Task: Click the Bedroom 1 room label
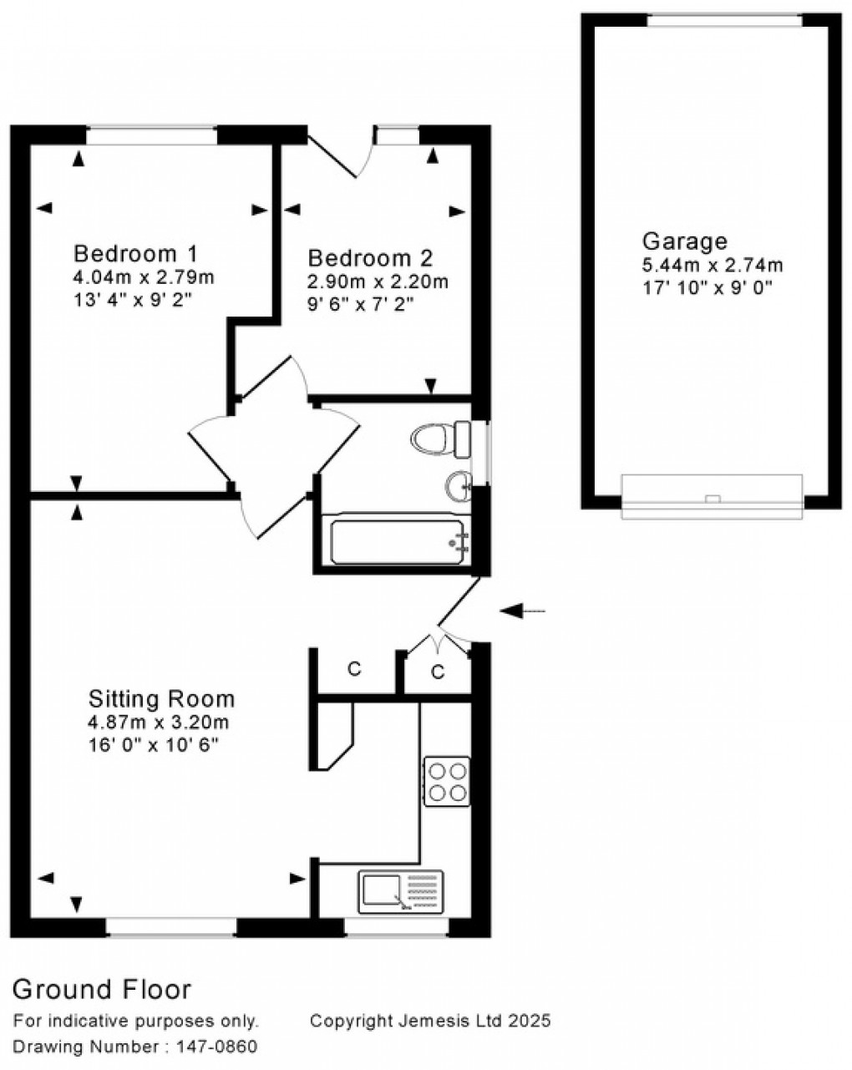(x=135, y=253)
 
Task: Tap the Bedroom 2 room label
(x=370, y=258)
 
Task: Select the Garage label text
(x=684, y=241)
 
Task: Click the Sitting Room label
(x=162, y=698)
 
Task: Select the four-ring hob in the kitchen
(x=447, y=781)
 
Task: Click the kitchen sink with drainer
(x=401, y=892)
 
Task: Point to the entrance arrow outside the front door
(x=522, y=611)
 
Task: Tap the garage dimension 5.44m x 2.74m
(x=712, y=266)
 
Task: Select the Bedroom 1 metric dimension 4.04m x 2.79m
(x=144, y=277)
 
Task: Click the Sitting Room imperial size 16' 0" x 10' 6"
(x=153, y=746)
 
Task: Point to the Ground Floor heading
(x=102, y=990)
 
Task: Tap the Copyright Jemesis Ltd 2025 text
(x=430, y=1020)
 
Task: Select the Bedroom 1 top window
(x=151, y=134)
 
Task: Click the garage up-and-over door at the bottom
(x=712, y=498)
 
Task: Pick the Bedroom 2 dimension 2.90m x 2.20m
(x=378, y=281)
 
